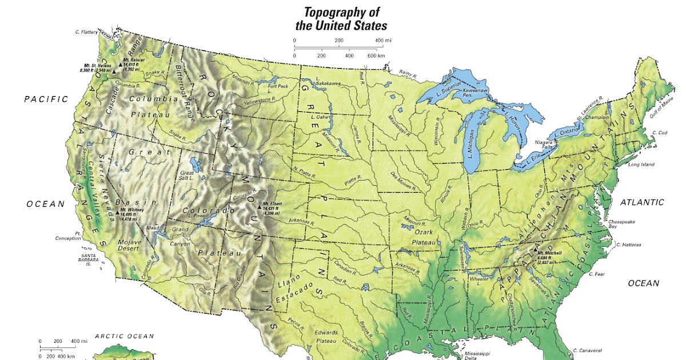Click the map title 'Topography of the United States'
point(341,19)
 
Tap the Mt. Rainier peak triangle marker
point(121,66)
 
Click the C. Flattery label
point(86,32)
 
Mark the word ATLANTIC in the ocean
point(642,202)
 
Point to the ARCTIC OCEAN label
point(121,337)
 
